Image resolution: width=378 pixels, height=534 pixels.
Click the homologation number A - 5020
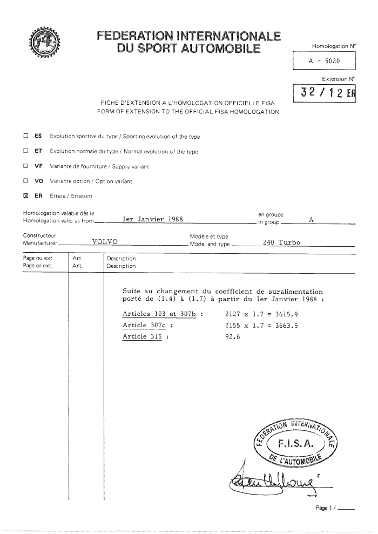coord(324,62)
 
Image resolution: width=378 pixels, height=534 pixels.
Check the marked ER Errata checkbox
coord(24,196)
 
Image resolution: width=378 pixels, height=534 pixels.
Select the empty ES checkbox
coord(24,137)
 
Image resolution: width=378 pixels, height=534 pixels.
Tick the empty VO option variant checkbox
coord(24,181)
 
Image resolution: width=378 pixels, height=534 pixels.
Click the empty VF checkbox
coord(24,166)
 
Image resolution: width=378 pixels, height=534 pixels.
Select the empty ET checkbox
coord(24,152)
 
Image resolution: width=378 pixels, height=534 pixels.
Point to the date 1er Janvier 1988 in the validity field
coord(153,219)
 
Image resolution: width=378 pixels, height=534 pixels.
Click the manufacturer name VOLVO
coord(105,242)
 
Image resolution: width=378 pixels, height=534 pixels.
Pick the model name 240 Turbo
coord(281,242)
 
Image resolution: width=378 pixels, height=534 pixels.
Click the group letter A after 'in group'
coord(311,220)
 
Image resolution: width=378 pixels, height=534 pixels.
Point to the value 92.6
coord(232,336)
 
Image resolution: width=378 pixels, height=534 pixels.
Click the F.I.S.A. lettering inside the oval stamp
coord(295,445)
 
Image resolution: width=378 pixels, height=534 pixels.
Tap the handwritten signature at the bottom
coord(273,476)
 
